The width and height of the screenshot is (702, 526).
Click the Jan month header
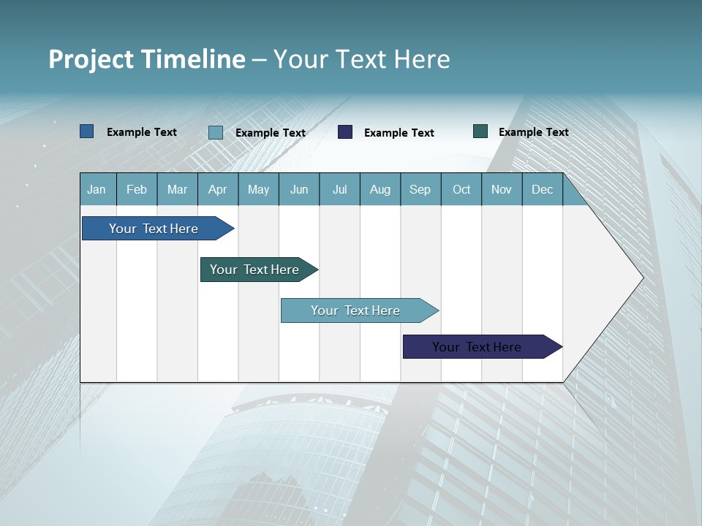[97, 189]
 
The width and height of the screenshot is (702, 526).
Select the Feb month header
[137, 189]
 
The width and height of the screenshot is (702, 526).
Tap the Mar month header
[177, 189]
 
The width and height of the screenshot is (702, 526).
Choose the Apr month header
[218, 189]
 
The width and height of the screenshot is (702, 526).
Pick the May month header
[258, 189]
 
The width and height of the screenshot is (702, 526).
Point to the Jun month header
[299, 189]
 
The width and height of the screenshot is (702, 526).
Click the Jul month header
[339, 189]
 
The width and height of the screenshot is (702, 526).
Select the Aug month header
[380, 189]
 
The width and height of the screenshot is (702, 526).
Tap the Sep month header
[420, 189]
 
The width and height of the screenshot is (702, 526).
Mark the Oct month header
[461, 189]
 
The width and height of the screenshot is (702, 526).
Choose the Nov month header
[502, 189]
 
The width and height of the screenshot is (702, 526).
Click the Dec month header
[543, 189]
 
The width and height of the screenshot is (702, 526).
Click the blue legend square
[87, 131]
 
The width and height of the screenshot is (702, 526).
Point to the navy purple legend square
[345, 132]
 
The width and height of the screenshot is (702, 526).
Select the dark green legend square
[480, 131]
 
